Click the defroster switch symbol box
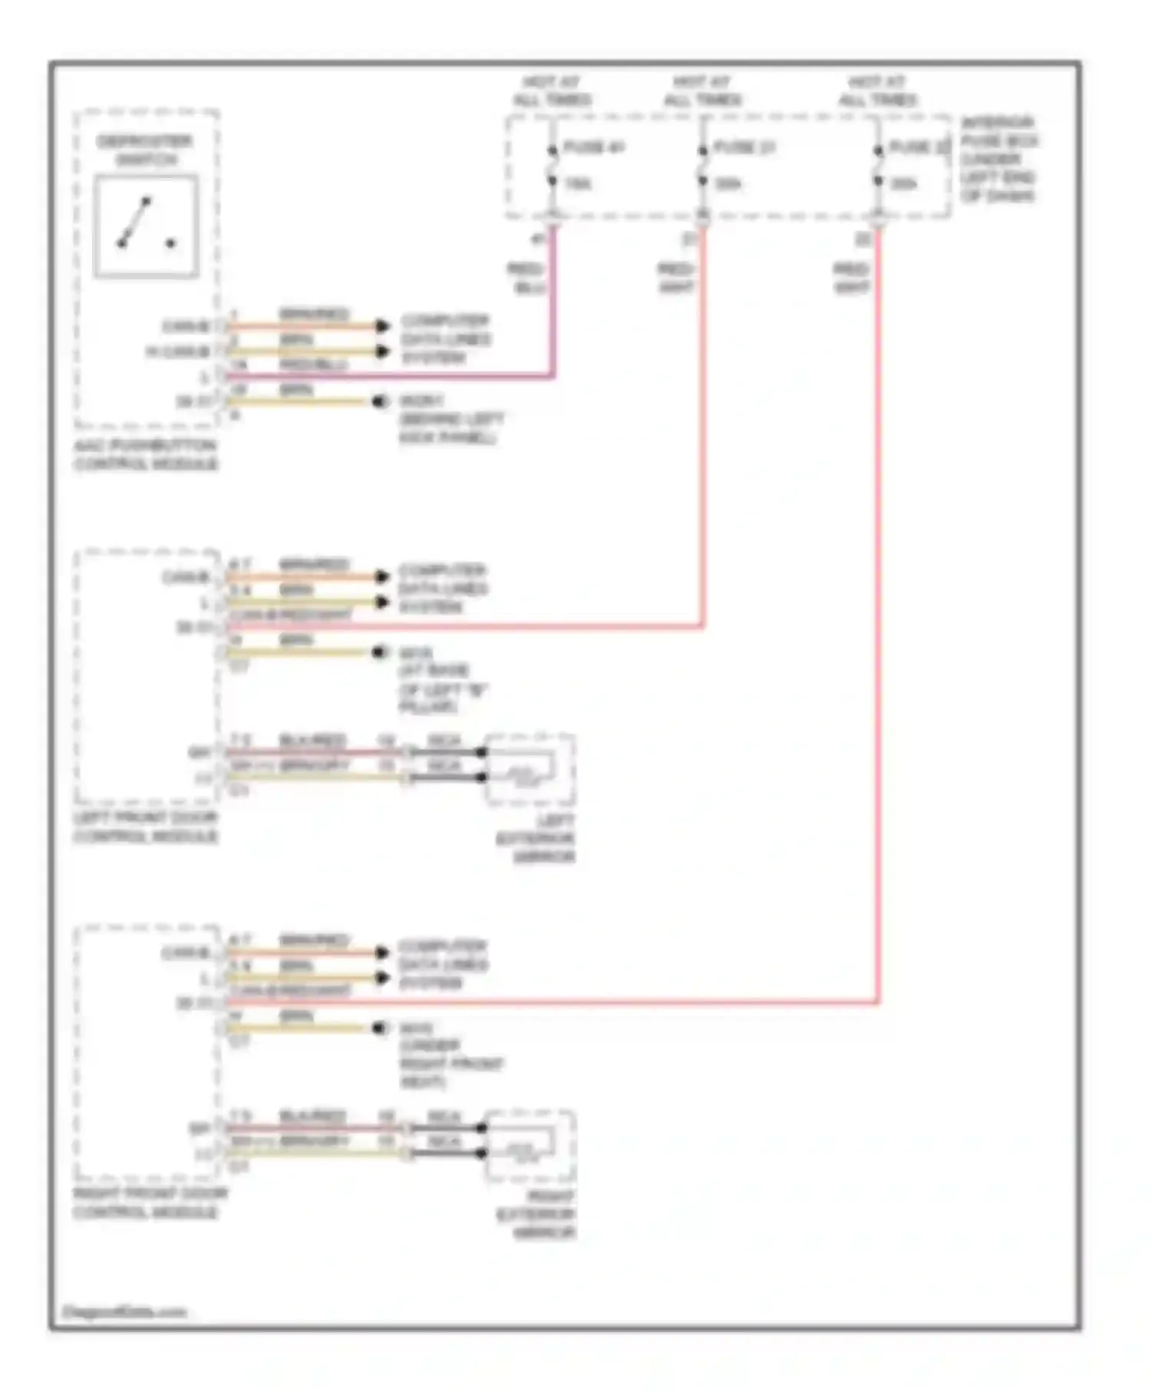pyautogui.click(x=146, y=226)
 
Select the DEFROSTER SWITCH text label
pyautogui.click(x=144, y=150)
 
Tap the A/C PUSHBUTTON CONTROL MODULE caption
pyautogui.click(x=146, y=455)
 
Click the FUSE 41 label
pyautogui.click(x=593, y=147)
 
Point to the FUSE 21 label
pyautogui.click(x=744, y=147)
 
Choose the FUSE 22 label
pyautogui.click(x=918, y=147)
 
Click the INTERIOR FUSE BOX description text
pyautogui.click(x=998, y=159)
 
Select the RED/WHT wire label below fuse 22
pyautogui.click(x=851, y=279)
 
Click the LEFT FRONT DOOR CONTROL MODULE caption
pyautogui.click(x=146, y=827)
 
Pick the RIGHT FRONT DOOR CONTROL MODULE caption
pyautogui.click(x=150, y=1202)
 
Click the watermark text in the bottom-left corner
pyautogui.click(x=124, y=1311)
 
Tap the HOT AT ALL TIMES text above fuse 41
pyautogui.click(x=552, y=91)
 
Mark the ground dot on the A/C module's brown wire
pyautogui.click(x=378, y=401)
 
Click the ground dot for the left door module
pyautogui.click(x=378, y=652)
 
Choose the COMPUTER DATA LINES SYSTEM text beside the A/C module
pyautogui.click(x=445, y=339)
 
